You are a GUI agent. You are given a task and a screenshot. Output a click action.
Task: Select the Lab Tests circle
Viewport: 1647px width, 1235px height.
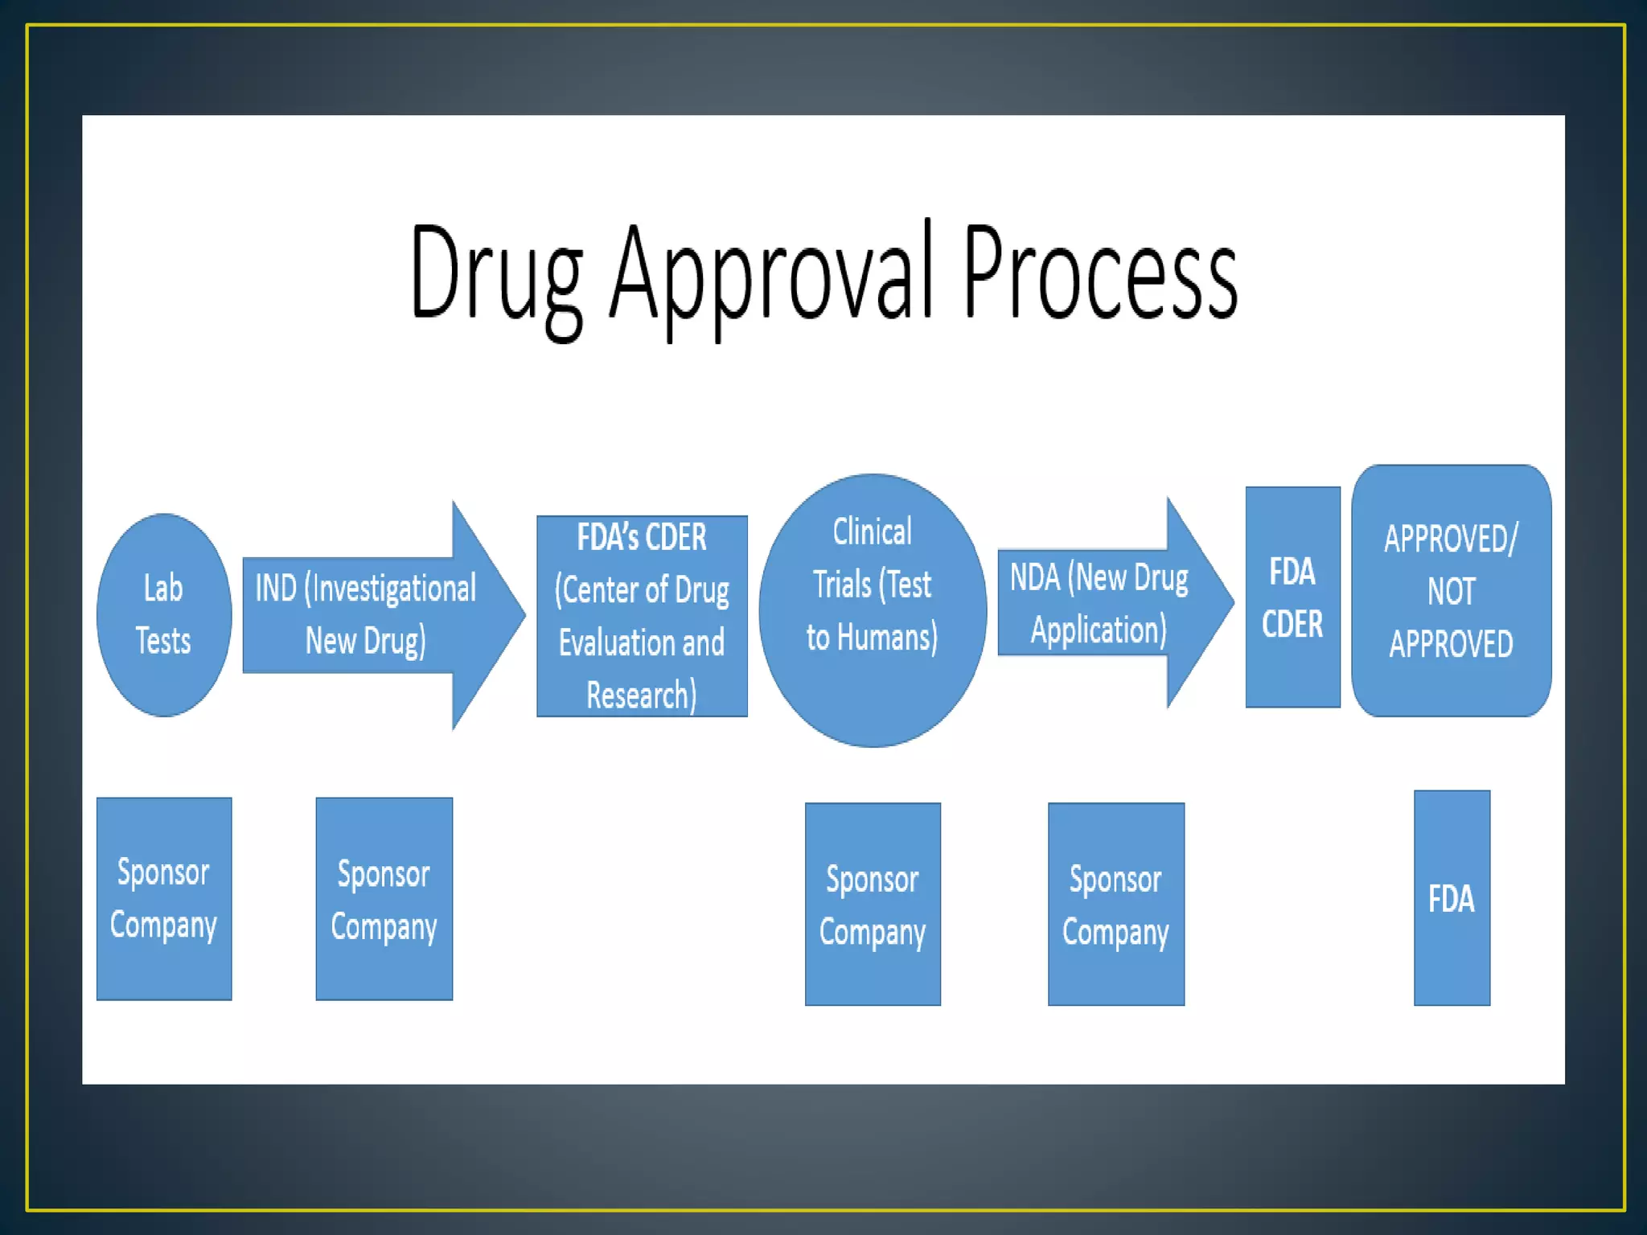[x=164, y=615]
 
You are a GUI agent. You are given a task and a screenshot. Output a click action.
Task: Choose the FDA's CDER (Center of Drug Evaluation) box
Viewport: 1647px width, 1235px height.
[x=642, y=616]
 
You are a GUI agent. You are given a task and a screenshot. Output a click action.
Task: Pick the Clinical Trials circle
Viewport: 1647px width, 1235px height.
[x=873, y=610]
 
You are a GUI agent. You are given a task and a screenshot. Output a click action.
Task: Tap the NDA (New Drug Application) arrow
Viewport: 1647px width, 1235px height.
[x=1110, y=603]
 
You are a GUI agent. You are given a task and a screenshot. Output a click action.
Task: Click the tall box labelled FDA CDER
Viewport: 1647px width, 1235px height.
[x=1292, y=597]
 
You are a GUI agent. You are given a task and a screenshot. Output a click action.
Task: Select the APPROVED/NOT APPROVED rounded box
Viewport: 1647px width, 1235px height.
[x=1452, y=591]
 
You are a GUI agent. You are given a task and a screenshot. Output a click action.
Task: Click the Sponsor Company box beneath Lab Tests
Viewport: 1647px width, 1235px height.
[x=164, y=899]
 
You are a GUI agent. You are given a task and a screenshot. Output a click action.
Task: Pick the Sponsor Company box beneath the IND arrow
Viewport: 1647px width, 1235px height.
[x=384, y=899]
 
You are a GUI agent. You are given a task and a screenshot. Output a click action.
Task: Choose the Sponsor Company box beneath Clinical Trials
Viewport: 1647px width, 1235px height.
[x=873, y=905]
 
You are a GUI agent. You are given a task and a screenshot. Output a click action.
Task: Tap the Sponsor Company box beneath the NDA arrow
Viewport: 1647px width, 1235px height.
[x=1116, y=905]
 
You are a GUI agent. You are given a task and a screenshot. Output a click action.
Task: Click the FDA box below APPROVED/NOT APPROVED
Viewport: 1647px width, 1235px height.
[x=1452, y=898]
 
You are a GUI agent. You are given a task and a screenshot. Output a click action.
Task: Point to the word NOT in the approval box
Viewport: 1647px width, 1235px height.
[x=1452, y=592]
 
